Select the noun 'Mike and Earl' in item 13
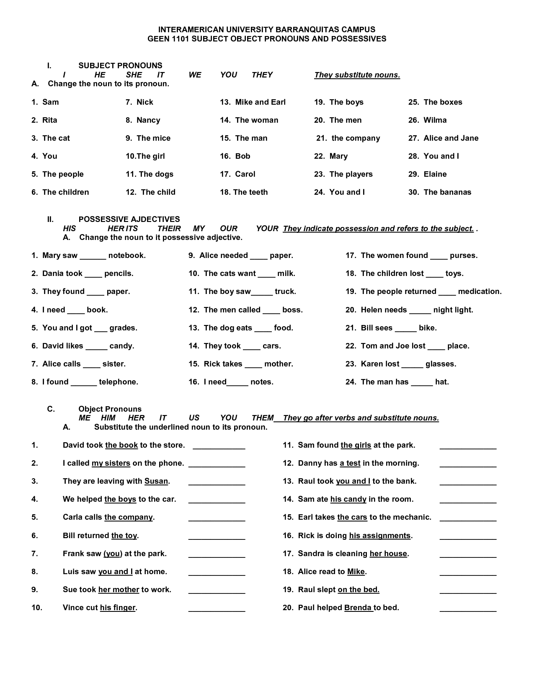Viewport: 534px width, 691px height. (x=260, y=102)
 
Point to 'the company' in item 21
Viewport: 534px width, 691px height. (x=356, y=138)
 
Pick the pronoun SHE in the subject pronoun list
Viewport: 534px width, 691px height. (x=134, y=75)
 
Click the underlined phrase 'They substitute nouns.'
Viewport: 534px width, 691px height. (x=357, y=75)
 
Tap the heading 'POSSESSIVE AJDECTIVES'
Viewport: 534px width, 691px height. (x=129, y=219)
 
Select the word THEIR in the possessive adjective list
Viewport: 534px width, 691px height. (x=169, y=229)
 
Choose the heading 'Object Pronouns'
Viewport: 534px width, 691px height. (x=110, y=409)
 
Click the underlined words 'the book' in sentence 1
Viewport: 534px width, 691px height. (x=121, y=445)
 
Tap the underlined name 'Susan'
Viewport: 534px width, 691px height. (x=156, y=481)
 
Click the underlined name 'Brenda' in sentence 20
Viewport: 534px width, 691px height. (x=358, y=608)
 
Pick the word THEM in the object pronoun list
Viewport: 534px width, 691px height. (x=263, y=418)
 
